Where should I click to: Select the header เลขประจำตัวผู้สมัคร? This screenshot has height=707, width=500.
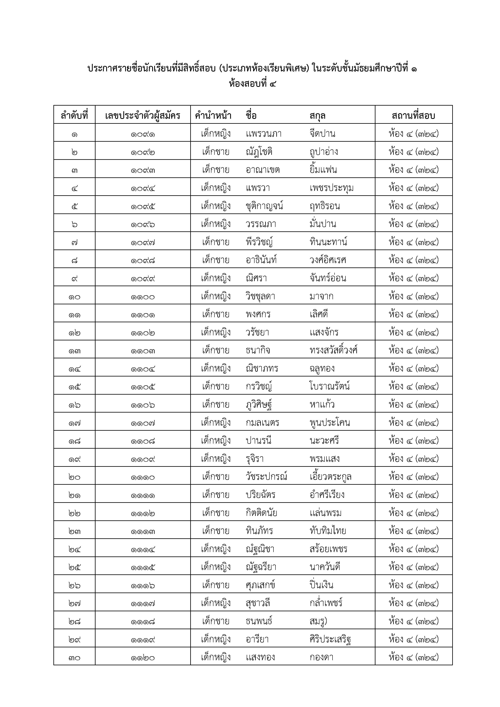(142, 116)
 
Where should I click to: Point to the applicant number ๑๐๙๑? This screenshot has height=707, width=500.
(142, 134)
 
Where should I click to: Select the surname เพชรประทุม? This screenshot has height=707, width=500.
(332, 188)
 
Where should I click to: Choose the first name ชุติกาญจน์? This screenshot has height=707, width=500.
(264, 206)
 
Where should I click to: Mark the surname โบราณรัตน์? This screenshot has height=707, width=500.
(330, 386)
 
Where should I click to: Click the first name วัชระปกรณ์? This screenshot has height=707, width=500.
(266, 477)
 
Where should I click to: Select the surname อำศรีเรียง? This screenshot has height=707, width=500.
(327, 495)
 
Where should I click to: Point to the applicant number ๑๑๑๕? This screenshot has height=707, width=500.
(142, 567)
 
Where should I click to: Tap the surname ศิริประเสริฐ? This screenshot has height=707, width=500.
(330, 639)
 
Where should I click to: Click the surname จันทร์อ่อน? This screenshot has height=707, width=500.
(328, 278)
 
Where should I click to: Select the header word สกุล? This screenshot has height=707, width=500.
(317, 116)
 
